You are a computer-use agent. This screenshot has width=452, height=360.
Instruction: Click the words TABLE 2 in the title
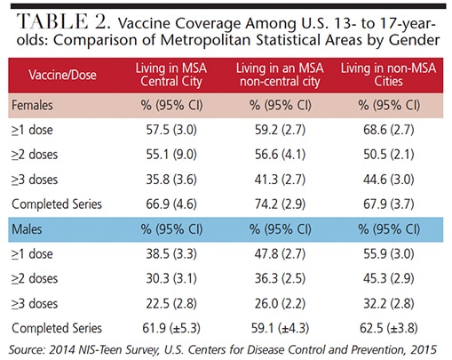(63, 21)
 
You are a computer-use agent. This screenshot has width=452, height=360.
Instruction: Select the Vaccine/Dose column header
(62, 75)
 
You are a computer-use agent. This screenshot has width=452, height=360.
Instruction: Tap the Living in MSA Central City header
(171, 75)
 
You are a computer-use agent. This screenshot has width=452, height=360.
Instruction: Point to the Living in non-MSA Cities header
(388, 75)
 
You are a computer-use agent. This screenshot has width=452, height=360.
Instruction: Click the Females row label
(32, 105)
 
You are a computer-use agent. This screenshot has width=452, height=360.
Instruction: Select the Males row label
(27, 229)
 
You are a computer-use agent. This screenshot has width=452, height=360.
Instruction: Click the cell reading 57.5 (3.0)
(171, 130)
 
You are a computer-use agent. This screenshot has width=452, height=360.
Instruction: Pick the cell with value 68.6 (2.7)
(389, 130)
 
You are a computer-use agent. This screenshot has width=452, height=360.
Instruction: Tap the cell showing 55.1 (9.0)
(171, 155)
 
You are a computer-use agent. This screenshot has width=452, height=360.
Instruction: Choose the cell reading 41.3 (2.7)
(280, 180)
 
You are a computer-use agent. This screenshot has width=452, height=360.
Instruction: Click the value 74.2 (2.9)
(280, 204)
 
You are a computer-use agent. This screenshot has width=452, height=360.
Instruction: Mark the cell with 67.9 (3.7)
(389, 204)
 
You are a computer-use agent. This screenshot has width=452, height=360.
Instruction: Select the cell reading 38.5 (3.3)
(171, 254)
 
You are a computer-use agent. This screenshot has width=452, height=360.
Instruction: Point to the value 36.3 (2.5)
(280, 278)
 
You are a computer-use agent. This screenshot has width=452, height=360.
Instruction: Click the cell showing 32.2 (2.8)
(389, 303)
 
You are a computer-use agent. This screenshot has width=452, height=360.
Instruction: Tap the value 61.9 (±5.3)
(171, 328)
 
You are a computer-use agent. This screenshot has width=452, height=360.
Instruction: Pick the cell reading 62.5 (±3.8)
(389, 328)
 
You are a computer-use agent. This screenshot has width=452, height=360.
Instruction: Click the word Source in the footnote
(27, 349)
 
